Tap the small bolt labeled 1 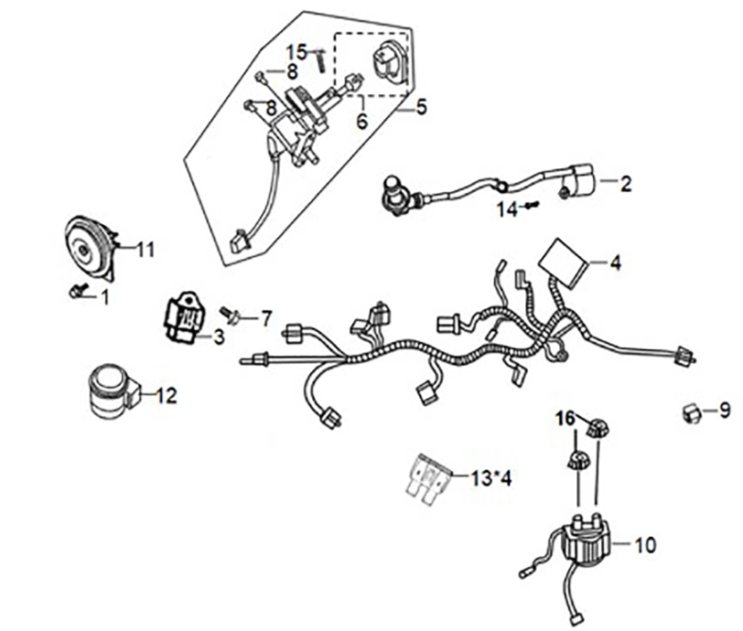click(78, 292)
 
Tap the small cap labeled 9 click(694, 413)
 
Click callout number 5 click(421, 107)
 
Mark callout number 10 click(644, 545)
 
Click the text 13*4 click(493, 477)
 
